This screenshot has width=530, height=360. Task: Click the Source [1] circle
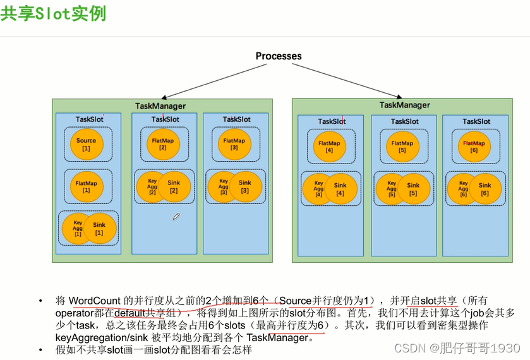tap(86, 144)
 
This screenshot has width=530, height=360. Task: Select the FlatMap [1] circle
tap(86, 186)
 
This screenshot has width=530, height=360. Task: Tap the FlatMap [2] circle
tap(162, 144)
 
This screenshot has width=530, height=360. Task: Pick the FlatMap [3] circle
tap(234, 144)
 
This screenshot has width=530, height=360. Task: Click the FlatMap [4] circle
tap(328, 147)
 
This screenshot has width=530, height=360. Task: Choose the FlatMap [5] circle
tap(402, 147)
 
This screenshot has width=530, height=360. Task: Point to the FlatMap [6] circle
tap(474, 147)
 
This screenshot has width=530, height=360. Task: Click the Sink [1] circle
tap(100, 229)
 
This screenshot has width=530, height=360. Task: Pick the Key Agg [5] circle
tap(391, 189)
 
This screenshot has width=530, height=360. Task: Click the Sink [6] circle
tap(485, 189)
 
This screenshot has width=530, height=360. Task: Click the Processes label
tap(279, 56)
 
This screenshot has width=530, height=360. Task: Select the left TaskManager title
tap(160, 106)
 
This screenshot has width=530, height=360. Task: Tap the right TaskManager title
tap(404, 105)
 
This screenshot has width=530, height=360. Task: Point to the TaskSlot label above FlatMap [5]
tap(404, 121)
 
